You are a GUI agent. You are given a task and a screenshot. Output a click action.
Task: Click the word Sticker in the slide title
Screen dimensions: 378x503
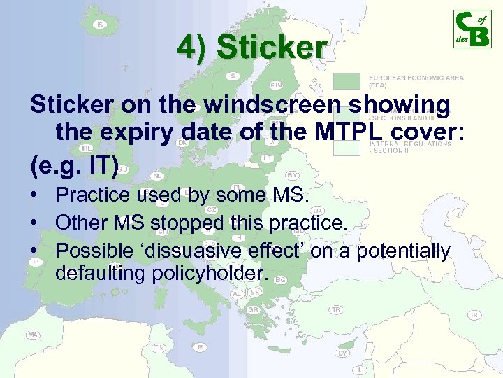(272, 48)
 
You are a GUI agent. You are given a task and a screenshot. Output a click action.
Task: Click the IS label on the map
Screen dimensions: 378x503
(100, 25)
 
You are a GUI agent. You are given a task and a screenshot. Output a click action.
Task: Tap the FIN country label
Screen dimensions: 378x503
(277, 85)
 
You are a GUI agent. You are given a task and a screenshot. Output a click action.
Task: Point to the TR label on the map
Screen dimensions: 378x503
(336, 309)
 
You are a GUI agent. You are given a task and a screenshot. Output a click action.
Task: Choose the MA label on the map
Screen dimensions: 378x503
(33, 335)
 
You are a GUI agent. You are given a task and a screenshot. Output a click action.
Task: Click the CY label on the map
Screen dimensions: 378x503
(342, 353)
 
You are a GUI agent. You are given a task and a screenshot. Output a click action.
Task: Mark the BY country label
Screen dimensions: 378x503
(293, 174)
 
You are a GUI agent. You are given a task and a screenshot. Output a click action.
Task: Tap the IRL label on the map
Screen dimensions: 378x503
(87, 148)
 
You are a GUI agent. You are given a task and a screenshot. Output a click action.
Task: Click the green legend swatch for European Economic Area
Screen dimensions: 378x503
(350, 82)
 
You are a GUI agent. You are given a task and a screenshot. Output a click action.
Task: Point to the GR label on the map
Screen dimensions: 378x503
(254, 309)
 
